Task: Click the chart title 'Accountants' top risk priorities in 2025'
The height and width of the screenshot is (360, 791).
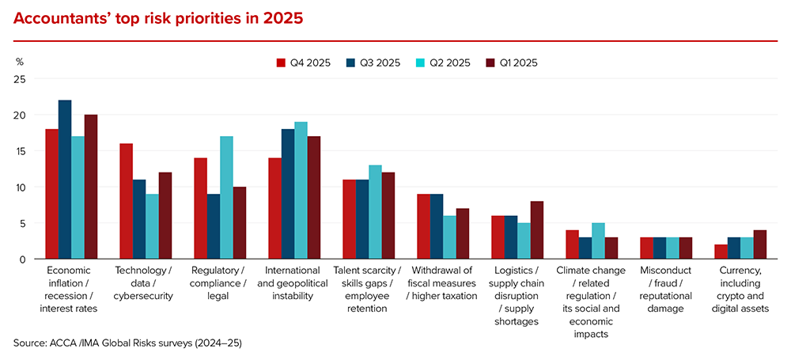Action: [158, 17]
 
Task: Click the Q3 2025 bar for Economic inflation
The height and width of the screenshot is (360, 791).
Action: [65, 180]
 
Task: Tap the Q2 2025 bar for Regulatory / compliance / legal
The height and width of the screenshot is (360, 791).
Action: [226, 198]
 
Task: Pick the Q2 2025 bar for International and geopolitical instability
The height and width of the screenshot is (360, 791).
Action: [301, 191]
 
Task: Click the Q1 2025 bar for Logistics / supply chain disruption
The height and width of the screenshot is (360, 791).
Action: [536, 230]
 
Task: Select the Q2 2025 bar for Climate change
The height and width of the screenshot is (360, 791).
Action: [598, 241]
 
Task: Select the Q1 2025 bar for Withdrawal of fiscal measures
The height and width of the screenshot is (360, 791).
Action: [464, 233]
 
